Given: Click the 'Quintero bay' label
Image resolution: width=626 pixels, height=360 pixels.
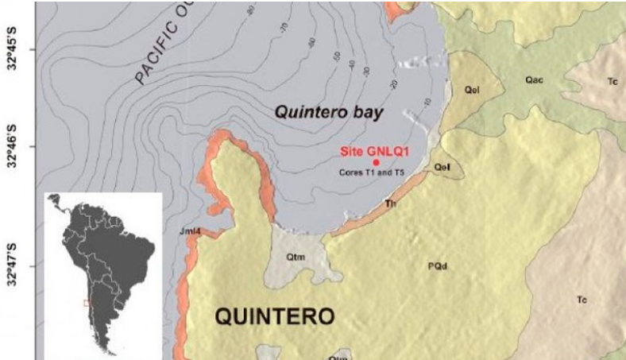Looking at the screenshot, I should click(x=329, y=113).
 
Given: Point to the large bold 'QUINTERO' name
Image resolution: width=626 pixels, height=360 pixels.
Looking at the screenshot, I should click(x=275, y=317).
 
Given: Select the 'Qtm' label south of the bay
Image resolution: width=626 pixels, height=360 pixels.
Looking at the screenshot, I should click(x=296, y=257).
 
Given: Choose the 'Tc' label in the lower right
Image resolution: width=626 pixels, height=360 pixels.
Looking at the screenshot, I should click(x=582, y=300).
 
